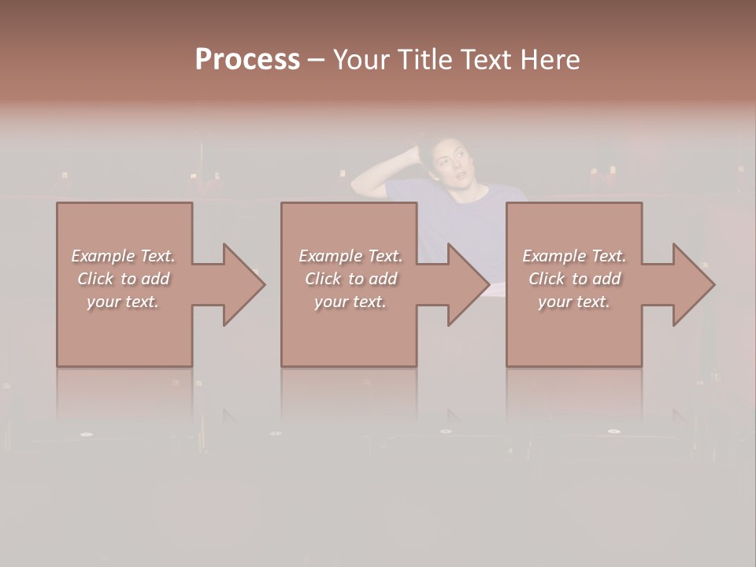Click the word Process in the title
247,60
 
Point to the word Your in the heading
361,60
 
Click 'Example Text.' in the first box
123,256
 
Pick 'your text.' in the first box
123,302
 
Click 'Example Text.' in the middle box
350,256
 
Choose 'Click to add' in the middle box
350,279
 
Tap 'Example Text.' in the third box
574,256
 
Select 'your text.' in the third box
574,302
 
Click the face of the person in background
450,165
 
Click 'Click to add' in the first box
123,279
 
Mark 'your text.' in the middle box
350,302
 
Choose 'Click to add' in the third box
574,279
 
